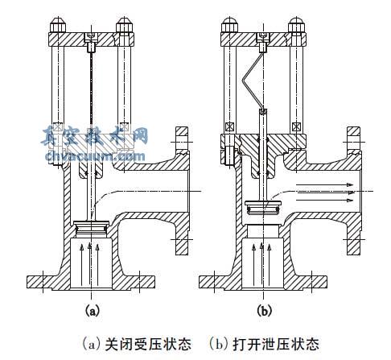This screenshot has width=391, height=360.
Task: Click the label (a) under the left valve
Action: pos(93,308)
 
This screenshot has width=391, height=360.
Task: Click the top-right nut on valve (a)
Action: pos(123,22)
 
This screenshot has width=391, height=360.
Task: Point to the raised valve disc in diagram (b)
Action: pos(261,209)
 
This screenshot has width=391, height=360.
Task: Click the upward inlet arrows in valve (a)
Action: pos(93,262)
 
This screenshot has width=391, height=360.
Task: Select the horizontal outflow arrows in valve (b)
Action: pos(326,190)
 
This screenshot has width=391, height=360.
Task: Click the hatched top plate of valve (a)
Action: pos(94,36)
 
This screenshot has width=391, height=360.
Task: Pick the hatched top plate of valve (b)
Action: pos(262,36)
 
